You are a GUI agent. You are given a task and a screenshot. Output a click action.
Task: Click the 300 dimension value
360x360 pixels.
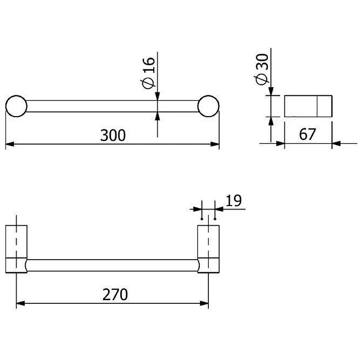(113, 135)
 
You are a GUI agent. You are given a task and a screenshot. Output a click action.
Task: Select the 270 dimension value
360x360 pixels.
(115, 295)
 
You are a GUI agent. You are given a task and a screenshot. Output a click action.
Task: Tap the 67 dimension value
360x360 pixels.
(307, 134)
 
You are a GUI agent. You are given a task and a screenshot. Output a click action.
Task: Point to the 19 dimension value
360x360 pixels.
(234, 201)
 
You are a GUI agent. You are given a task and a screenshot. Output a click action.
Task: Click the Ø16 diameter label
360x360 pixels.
(148, 73)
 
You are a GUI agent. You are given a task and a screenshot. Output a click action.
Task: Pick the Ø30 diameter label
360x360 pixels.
(261, 69)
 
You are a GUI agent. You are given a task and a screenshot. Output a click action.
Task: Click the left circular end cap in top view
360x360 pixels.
(16, 106)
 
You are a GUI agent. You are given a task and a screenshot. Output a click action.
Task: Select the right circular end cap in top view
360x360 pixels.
(208, 106)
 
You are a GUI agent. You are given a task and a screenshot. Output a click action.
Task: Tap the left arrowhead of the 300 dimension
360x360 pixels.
(10, 144)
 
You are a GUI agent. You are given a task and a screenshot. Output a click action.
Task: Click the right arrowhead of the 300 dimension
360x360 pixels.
(215, 144)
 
